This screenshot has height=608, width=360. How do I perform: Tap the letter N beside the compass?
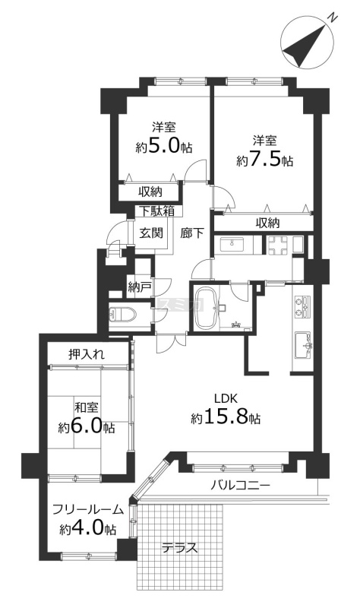point(333,17)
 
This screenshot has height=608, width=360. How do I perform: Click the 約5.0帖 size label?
point(163,147)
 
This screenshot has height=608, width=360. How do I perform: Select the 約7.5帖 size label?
point(264,160)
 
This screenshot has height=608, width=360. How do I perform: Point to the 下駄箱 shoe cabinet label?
point(156,211)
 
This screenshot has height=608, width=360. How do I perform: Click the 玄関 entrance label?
point(150,233)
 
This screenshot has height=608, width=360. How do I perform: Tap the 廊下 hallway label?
point(193,233)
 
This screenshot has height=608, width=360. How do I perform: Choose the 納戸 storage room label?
point(139,287)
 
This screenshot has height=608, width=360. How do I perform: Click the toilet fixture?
point(122,315)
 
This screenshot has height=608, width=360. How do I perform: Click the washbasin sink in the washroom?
point(232,245)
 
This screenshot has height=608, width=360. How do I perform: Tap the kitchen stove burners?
point(302,306)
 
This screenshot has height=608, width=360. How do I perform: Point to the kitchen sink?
point(303,345)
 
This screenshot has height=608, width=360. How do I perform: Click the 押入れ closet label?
point(87,354)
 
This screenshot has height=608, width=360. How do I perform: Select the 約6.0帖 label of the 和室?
point(87,427)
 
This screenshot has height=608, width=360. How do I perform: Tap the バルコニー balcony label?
point(240,485)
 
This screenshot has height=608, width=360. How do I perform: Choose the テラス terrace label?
point(180,548)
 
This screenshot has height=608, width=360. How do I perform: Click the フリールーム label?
point(88,509)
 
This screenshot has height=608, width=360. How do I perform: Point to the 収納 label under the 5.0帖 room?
point(150,192)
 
